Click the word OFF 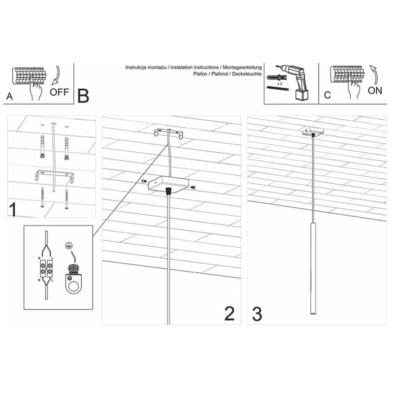click(59, 92)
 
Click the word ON click(375, 91)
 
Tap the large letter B click(83, 96)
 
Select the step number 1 click(13, 210)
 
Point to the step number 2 click(230, 313)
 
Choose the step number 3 click(257, 314)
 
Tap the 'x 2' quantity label click(279, 84)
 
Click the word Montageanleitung click(242, 67)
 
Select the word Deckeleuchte click(247, 74)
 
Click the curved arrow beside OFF click(56, 75)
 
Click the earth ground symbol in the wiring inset click(67, 246)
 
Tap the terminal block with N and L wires click(46, 268)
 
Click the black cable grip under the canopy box click(168, 191)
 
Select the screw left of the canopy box click(144, 181)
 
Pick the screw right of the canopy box click(193, 187)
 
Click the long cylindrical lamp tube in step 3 click(313, 268)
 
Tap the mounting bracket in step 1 click(55, 176)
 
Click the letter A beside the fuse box click(9, 96)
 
